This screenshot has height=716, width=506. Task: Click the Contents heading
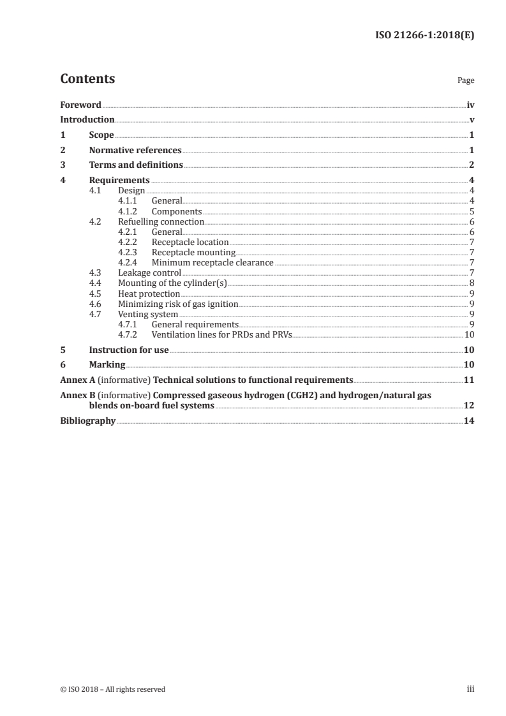pyautogui.click(x=87, y=79)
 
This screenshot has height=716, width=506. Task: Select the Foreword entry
pyautogui.click(x=80, y=105)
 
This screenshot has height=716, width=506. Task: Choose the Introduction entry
pyautogui.click(x=87, y=120)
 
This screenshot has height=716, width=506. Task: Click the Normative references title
pyautogui.click(x=135, y=151)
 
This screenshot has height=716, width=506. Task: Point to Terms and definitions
pyautogui.click(x=136, y=165)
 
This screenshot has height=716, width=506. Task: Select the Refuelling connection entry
pyautogui.click(x=161, y=222)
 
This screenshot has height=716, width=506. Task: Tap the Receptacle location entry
pyautogui.click(x=190, y=242)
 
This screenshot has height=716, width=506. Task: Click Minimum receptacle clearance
pyautogui.click(x=212, y=262)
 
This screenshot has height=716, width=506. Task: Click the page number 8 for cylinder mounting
pyautogui.click(x=471, y=283)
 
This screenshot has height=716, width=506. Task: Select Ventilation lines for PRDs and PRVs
pyautogui.click(x=221, y=334)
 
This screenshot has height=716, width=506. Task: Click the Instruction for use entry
pyautogui.click(x=129, y=350)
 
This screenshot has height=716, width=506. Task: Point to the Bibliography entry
pyautogui.click(x=87, y=421)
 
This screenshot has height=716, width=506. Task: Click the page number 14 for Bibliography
pyautogui.click(x=469, y=421)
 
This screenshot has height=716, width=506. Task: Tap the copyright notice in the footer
pyautogui.click(x=112, y=689)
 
